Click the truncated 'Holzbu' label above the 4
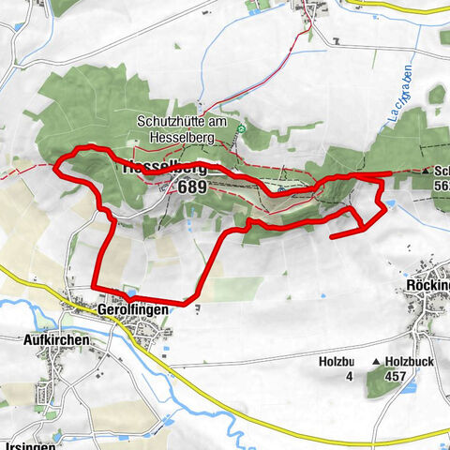pyautogui.click(x=336, y=361)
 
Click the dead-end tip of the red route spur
pyautogui.click(x=332, y=237)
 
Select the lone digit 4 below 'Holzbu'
pyautogui.click(x=349, y=377)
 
